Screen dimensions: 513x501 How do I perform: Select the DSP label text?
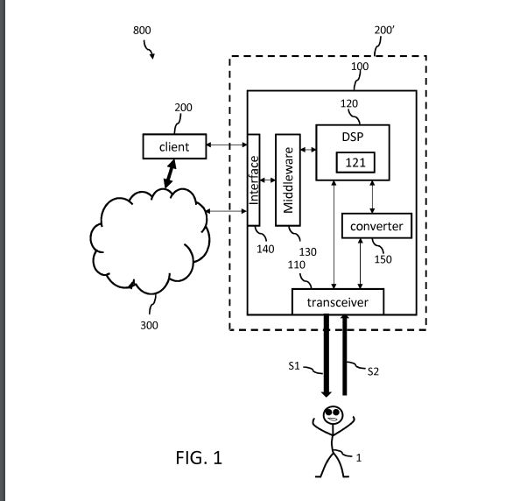click(353, 137)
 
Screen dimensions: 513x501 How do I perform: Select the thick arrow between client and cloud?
click(170, 173)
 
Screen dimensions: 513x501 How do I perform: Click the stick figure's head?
click(333, 415)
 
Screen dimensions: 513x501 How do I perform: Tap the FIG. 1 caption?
click(199, 457)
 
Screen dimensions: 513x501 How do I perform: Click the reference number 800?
click(142, 30)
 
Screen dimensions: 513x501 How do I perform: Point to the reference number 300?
click(149, 325)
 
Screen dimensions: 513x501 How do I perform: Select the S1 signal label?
click(294, 365)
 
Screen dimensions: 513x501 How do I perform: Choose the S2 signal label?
click(373, 371)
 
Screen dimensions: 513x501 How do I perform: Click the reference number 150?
click(383, 259)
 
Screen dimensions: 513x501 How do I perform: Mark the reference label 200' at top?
click(384, 30)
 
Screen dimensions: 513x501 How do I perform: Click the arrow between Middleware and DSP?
click(308, 150)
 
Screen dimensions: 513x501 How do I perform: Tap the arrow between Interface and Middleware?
click(268, 180)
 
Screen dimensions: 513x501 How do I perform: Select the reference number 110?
click(297, 265)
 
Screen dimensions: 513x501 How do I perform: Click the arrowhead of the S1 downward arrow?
click(327, 393)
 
